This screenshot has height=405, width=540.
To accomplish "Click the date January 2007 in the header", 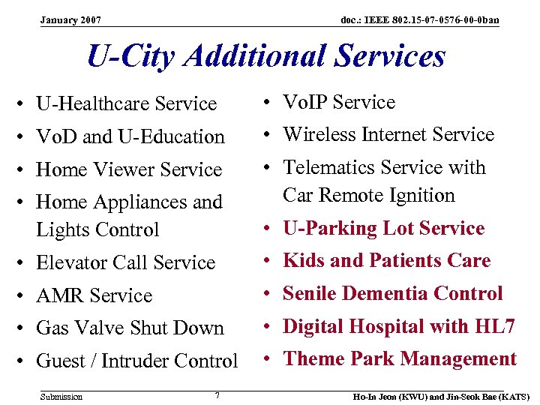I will click(x=71, y=19).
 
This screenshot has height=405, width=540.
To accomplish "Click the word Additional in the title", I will click(x=253, y=57).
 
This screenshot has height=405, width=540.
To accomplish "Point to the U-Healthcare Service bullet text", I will click(x=126, y=103).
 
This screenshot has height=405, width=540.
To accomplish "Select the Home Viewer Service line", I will click(x=128, y=169).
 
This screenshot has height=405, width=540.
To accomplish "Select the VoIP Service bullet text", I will click(x=338, y=102).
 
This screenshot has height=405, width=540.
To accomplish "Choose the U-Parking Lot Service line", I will click(x=383, y=228).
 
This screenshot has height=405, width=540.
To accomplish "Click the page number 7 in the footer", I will click(x=217, y=394).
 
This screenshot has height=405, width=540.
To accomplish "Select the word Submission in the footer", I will click(x=61, y=396).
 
